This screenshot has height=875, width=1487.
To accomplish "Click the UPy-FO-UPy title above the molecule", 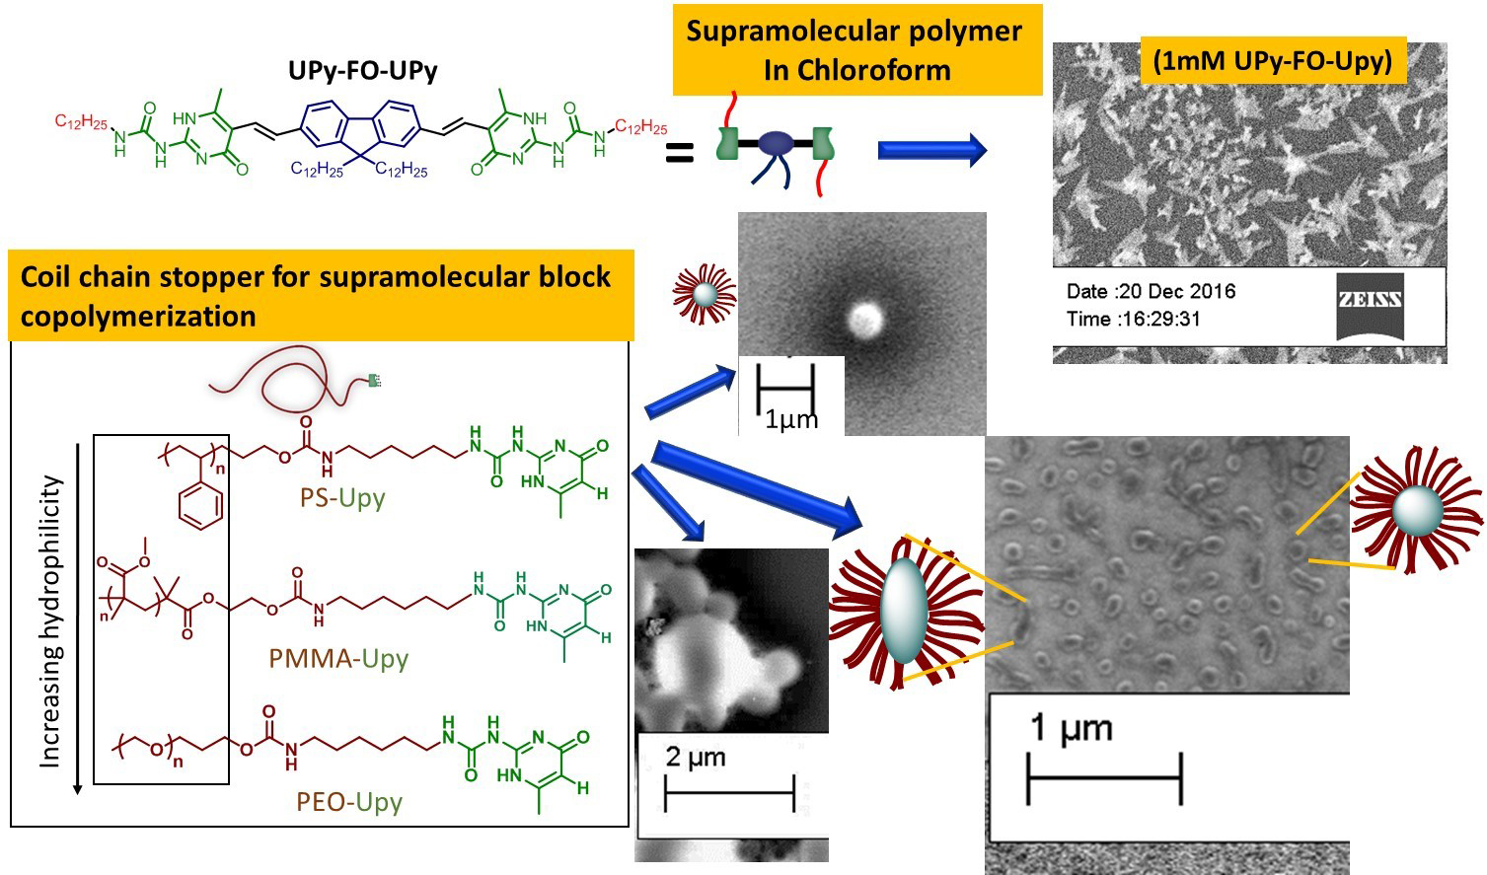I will (x=362, y=71).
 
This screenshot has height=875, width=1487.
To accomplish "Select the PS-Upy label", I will (x=342, y=497).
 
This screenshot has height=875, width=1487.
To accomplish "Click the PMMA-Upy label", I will (x=338, y=658).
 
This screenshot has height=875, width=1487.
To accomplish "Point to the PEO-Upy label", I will (x=349, y=801).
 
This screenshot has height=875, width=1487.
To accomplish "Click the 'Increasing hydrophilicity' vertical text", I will (x=50, y=622).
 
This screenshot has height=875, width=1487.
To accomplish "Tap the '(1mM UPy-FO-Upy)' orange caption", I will (x=1273, y=61).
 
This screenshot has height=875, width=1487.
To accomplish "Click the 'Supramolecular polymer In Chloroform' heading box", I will (x=856, y=50).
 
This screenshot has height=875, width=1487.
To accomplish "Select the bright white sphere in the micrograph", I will (x=865, y=318).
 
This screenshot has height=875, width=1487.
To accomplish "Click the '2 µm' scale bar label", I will (x=696, y=758).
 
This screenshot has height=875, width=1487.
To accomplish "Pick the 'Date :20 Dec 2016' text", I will (x=1151, y=291).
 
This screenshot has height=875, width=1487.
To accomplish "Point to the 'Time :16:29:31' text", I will (x=1133, y=319).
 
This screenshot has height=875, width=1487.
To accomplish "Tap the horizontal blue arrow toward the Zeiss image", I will (x=930, y=150).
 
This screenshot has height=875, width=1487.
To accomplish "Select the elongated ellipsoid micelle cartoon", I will (x=903, y=611).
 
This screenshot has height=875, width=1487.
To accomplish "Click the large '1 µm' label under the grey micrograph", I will (x=1071, y=728).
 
